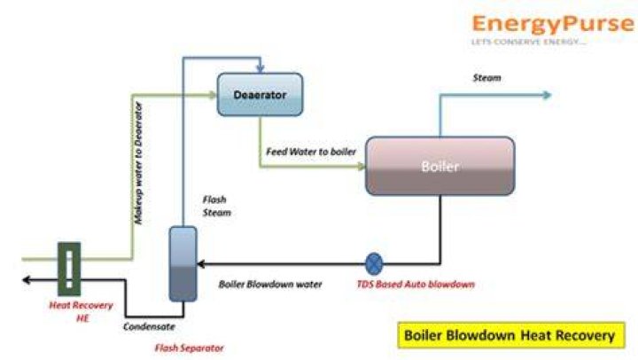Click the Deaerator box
click(260, 95)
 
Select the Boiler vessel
click(440, 166)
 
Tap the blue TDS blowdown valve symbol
click(374, 264)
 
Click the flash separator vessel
click(183, 264)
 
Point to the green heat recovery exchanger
click(69, 269)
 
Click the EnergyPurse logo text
click(553, 23)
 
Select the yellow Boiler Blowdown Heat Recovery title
click(511, 335)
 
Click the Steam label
click(486, 78)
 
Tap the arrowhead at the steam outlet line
click(548, 95)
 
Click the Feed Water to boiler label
click(311, 152)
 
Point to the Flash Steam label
click(216, 206)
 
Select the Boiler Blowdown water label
click(270, 285)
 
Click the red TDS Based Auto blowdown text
click(416, 285)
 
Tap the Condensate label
click(149, 326)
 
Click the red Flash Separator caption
click(190, 348)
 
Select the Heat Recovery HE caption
click(81, 311)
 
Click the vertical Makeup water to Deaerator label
click(139, 163)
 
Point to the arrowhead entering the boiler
click(362, 166)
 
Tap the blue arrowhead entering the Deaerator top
click(261, 68)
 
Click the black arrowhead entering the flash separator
click(201, 264)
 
